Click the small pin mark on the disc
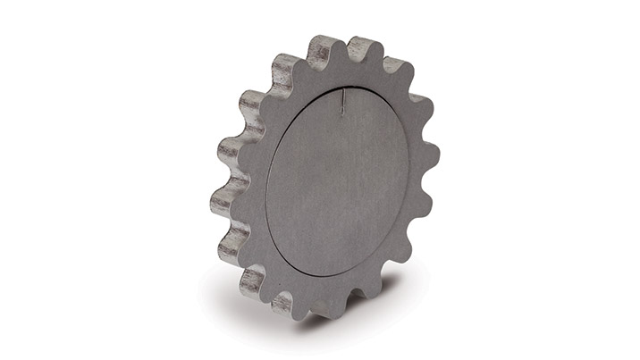click(x=342, y=106)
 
